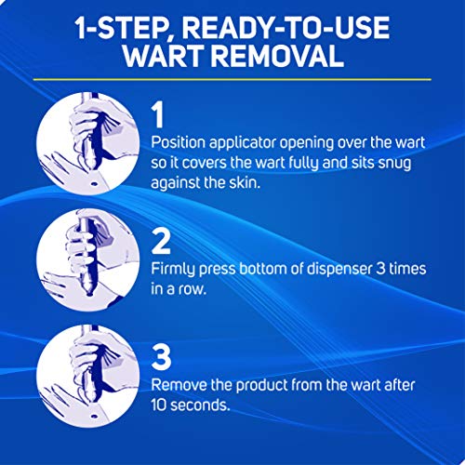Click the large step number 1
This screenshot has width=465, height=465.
click(160, 115)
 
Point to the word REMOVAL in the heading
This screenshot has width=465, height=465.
click(261, 58)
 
